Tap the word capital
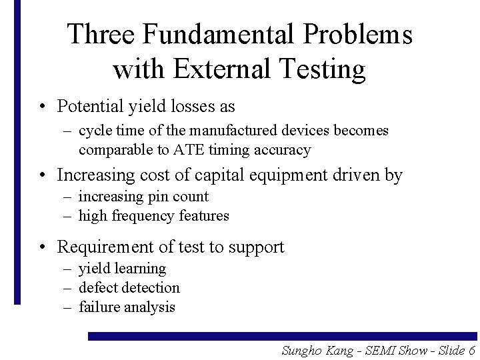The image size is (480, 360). [x=245, y=175]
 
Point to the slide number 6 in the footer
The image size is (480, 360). [x=471, y=351]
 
